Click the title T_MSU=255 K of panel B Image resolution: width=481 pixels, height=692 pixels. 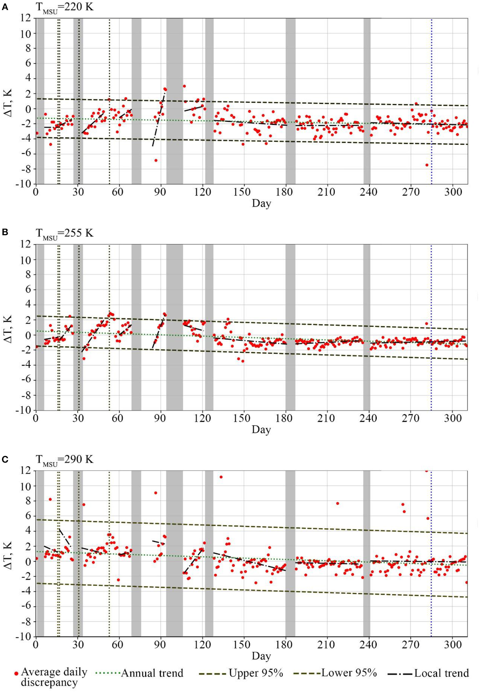click(x=64, y=234)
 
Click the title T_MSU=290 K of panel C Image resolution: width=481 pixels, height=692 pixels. click(x=64, y=460)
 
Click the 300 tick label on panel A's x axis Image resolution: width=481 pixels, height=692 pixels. click(x=452, y=192)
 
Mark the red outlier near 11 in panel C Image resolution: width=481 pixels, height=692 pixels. click(x=221, y=477)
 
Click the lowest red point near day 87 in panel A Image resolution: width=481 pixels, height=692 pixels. click(x=156, y=160)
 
